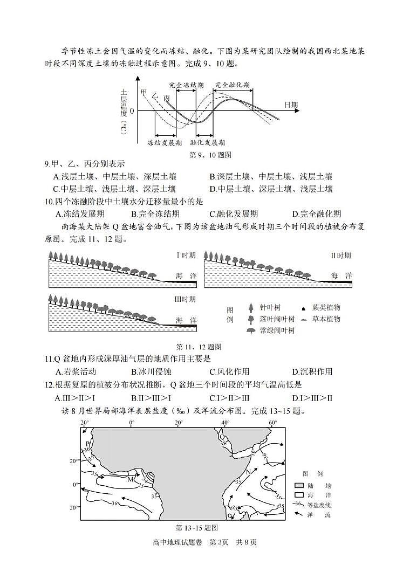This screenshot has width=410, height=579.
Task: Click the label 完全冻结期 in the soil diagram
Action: pyautogui.click(x=186, y=85)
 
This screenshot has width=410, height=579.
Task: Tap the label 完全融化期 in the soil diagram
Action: pyautogui.click(x=233, y=85)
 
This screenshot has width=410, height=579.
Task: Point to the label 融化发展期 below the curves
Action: pyautogui.click(x=208, y=143)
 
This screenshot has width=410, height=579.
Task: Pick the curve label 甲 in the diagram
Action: pyautogui.click(x=143, y=93)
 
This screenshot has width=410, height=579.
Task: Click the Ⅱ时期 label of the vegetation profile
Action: pyautogui.click(x=341, y=256)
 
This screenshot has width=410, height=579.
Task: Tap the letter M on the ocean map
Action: pyautogui.click(x=130, y=479)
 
